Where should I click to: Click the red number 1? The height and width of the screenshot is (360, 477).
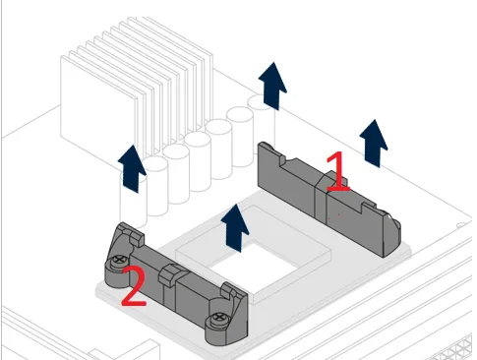coord(337,171)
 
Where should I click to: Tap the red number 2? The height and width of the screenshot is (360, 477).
coord(134,285)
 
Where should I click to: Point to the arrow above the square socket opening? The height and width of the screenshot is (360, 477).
coord(235,228)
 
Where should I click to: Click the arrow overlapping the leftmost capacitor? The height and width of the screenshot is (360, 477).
coord(132,168)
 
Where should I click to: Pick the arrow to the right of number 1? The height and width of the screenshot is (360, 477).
coord(374,144)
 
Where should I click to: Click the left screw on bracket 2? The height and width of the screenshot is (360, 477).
coord(119,260)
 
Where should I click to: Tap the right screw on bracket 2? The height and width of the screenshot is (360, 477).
coord(217,318)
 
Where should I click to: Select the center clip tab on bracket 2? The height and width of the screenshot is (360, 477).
coord(168,274)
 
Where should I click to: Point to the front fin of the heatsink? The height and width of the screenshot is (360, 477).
coord(98,105)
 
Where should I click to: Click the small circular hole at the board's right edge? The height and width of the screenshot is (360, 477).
coord(461,225)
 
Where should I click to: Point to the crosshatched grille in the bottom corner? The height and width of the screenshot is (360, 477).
coord(455,351)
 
